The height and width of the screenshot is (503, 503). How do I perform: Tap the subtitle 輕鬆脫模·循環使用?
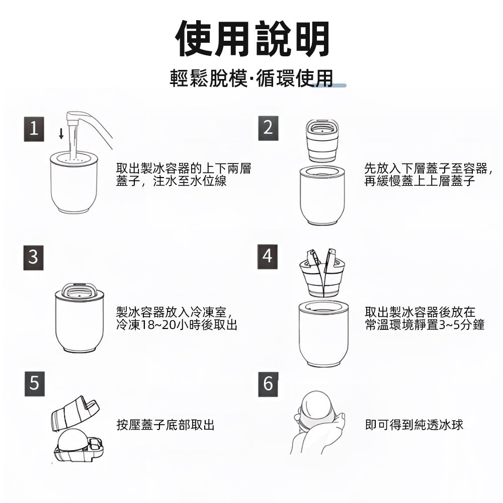click(251, 79)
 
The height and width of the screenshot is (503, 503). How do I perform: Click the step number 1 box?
click(34, 129)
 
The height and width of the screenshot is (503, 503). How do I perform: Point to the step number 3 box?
click(33, 257)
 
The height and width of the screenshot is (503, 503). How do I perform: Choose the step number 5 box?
click(34, 384)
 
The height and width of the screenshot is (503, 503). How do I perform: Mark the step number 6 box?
click(268, 384)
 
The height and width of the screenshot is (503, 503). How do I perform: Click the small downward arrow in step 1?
click(61, 133)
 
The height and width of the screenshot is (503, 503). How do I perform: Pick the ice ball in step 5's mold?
click(73, 441)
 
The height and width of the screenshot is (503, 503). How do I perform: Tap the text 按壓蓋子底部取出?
click(165, 426)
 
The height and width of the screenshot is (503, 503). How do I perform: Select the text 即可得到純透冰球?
click(414, 426)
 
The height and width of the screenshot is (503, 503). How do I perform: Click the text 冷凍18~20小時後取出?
click(177, 325)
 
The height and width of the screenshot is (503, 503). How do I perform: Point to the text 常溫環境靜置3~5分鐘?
click(425, 325)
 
